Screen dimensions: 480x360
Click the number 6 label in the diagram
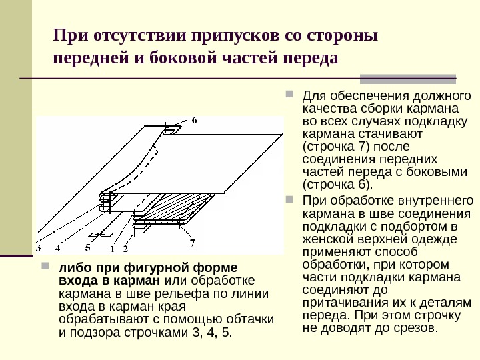(194, 121)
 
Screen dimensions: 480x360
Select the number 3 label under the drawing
(39, 249)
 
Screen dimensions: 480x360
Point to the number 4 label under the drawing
(58, 249)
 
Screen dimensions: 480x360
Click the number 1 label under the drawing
(112, 249)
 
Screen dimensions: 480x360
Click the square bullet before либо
(45, 267)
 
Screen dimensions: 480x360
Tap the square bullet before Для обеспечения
(289, 94)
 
